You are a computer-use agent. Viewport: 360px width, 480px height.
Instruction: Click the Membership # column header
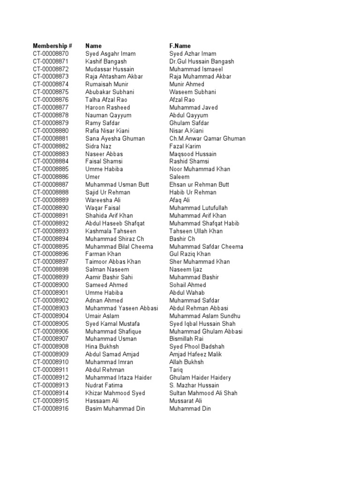[x=52, y=46]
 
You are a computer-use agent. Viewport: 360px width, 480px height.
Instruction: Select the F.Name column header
[x=180, y=46]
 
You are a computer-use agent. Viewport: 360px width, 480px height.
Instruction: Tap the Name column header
[x=93, y=46]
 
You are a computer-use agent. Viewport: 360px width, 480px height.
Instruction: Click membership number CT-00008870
[x=51, y=54]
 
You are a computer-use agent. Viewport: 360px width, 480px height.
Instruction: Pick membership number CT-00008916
[x=51, y=409]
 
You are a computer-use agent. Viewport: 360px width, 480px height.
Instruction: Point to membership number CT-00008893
[x=51, y=231]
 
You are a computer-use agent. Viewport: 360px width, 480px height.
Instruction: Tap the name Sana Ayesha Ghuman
[x=115, y=139]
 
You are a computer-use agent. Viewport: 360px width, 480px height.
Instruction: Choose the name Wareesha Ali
[x=101, y=200]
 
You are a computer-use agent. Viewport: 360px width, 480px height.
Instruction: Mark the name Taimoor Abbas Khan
[x=113, y=262]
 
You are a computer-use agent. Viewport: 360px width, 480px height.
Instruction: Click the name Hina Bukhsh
[x=102, y=347]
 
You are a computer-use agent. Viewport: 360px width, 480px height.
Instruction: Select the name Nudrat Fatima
[x=104, y=385]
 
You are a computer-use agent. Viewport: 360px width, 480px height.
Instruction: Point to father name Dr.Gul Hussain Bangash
[x=202, y=61]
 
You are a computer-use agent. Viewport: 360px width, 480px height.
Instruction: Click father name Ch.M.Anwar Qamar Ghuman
[x=207, y=139]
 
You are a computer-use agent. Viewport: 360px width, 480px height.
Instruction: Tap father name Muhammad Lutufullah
[x=199, y=208]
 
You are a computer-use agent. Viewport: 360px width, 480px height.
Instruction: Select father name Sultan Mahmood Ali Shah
[x=203, y=393]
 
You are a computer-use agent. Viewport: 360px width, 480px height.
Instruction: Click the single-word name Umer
[x=92, y=177]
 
